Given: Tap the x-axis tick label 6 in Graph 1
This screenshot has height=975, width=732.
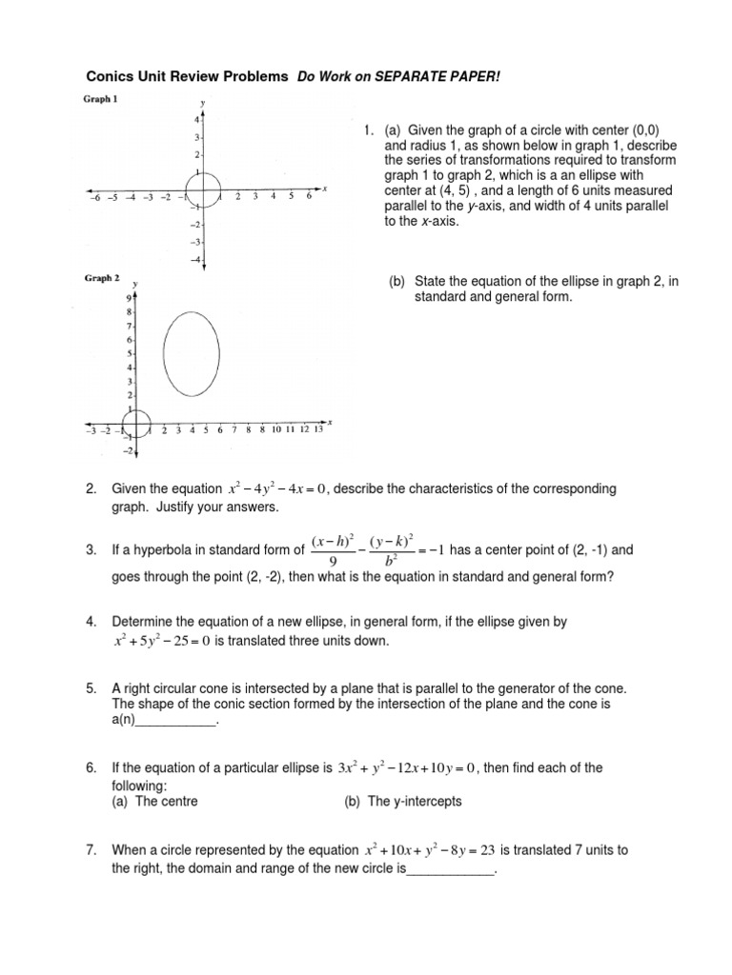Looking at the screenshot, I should [x=308, y=197].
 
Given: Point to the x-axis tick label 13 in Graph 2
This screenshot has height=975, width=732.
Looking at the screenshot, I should [x=318, y=430].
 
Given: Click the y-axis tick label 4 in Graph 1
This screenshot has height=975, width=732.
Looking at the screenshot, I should [x=195, y=120].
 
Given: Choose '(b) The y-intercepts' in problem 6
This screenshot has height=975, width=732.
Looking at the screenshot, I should [x=402, y=802].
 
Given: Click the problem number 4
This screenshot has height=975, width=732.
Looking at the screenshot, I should [x=91, y=622].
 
